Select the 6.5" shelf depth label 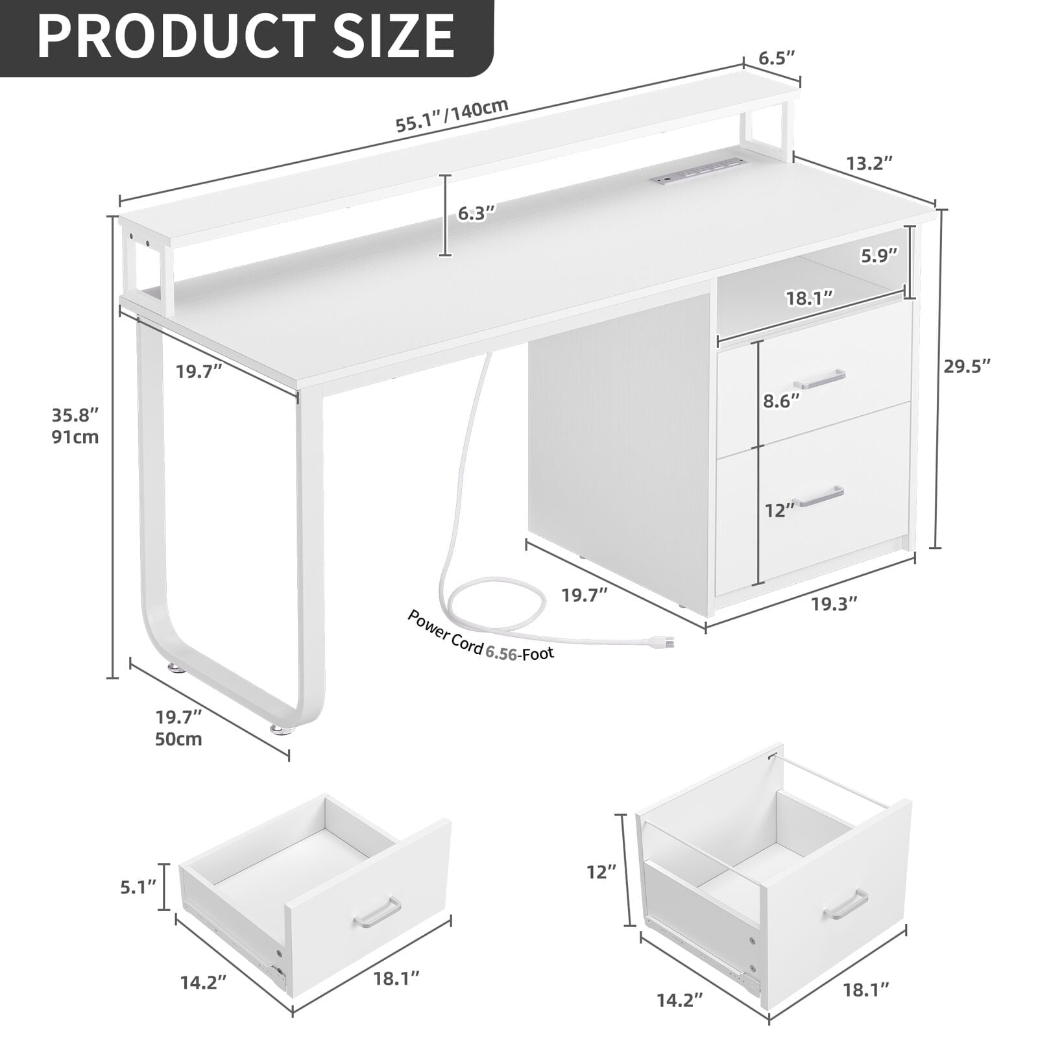click(x=777, y=58)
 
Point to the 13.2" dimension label click(x=870, y=163)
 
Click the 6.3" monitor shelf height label click(x=476, y=213)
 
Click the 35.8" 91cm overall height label click(x=75, y=425)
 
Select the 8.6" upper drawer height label click(x=781, y=401)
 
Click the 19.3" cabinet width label click(x=834, y=603)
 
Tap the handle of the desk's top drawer click(x=821, y=378)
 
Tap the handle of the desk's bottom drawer click(x=820, y=496)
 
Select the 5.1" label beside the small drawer click(x=138, y=886)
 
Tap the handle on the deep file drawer click(x=845, y=904)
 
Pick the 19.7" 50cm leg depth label click(x=178, y=727)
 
